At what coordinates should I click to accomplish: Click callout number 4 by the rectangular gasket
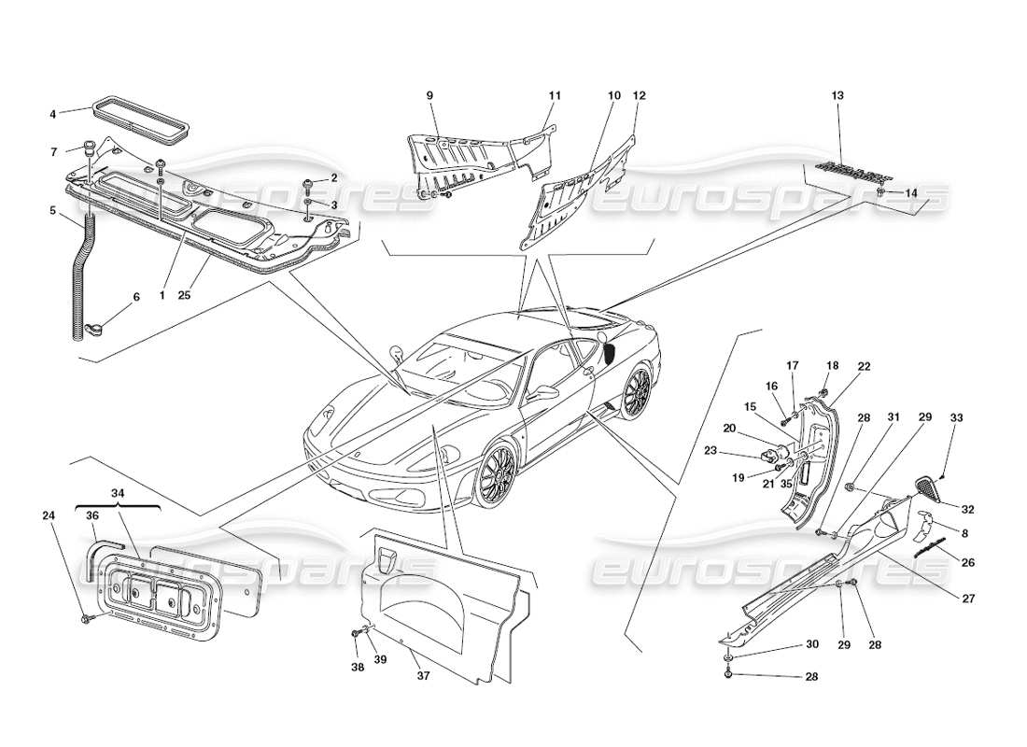(52, 115)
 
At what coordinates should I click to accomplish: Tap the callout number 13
(837, 95)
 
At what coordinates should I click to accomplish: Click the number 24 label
(48, 514)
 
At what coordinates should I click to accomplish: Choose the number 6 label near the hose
(136, 297)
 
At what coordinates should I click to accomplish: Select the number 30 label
(787, 645)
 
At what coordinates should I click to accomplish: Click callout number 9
(430, 95)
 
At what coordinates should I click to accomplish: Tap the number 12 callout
(639, 95)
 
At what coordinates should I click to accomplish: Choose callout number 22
(864, 367)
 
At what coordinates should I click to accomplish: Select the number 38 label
(356, 668)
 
